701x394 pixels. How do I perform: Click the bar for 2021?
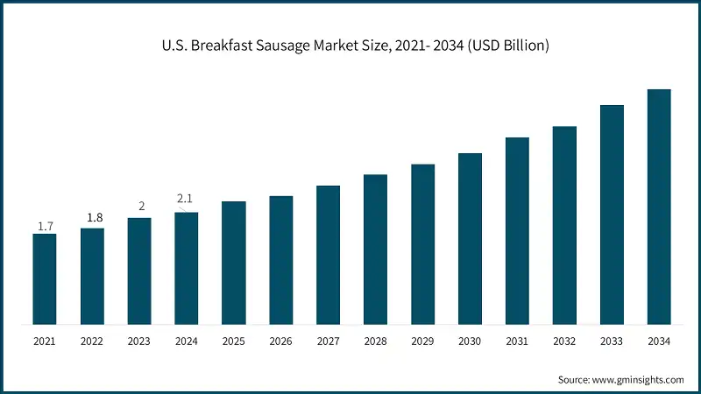45,278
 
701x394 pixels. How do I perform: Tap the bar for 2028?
375,249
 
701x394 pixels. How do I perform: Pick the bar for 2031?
517,230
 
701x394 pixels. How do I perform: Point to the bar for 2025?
233,263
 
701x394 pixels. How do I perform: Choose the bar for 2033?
612,215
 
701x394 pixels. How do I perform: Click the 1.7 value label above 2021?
45,227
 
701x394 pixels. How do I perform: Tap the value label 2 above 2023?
139,207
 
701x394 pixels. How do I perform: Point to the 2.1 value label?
186,200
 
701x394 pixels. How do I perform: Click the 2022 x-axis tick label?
92,341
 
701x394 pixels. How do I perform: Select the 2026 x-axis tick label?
280,341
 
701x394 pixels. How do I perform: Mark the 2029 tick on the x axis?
422,341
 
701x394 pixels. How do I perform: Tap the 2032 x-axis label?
564,341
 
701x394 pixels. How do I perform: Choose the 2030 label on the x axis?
470,341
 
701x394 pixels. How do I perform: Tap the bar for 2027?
328,255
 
